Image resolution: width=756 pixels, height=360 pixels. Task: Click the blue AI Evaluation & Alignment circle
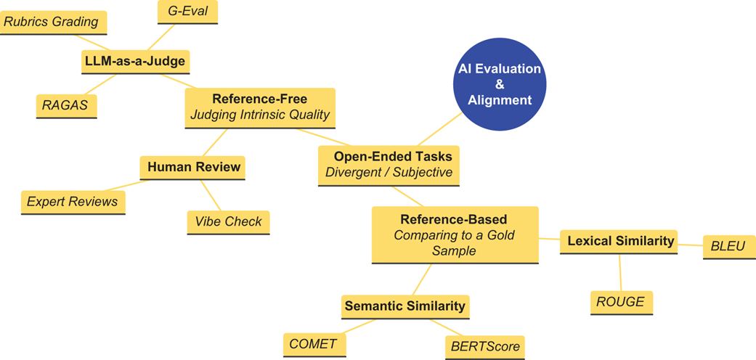[x=499, y=84]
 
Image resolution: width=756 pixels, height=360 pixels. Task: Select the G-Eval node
[x=187, y=12]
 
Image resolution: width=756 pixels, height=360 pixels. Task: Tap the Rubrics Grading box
[x=52, y=22]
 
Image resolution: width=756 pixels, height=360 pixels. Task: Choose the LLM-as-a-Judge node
[x=135, y=62]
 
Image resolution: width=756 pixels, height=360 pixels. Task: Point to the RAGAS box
[x=66, y=106]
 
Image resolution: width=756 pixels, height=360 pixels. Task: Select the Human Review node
[x=193, y=168]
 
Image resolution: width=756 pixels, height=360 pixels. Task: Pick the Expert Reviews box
[x=73, y=202]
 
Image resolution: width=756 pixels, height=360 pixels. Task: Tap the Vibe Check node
[x=228, y=222]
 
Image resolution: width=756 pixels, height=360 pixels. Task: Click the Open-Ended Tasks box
[x=389, y=165]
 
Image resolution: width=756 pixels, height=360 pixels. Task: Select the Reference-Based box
[x=455, y=234]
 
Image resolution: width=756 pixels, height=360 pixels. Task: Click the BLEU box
[x=728, y=247]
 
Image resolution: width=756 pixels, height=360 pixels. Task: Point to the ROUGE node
[x=621, y=302]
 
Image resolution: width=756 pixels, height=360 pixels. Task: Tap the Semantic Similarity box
[x=405, y=306]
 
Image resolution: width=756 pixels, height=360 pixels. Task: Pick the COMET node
[x=313, y=344]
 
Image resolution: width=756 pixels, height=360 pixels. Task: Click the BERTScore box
[x=485, y=347]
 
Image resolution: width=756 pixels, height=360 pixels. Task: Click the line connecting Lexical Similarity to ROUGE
[x=619, y=272]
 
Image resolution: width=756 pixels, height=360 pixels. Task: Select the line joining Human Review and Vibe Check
[x=211, y=195]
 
